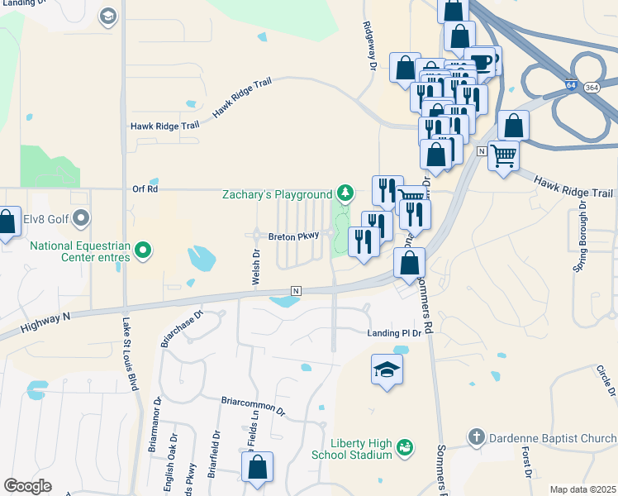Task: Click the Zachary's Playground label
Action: [x=277, y=194]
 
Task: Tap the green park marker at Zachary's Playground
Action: [x=345, y=194]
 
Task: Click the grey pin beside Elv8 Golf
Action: [x=81, y=219]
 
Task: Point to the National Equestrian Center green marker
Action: [x=143, y=249]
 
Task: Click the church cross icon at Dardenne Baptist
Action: [x=476, y=436]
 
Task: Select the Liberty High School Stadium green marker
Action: [x=404, y=447]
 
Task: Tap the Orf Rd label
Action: [x=144, y=189]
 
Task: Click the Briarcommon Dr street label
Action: [x=252, y=405]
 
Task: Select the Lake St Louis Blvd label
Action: [x=128, y=355]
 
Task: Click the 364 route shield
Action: [x=591, y=87]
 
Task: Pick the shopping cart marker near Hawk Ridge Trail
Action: [x=503, y=155]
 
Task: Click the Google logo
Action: [x=28, y=486]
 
